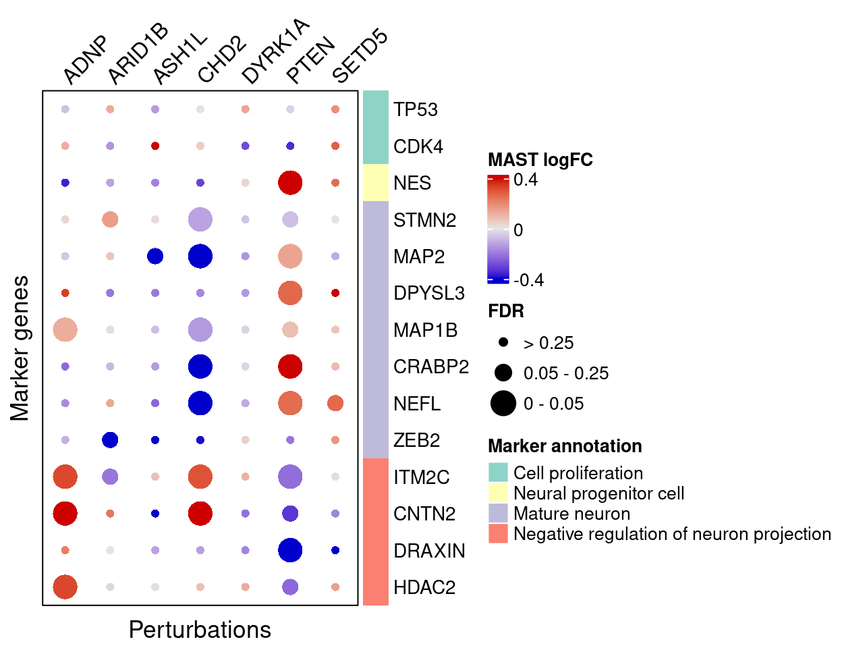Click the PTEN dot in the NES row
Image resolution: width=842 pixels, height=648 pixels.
[290, 183]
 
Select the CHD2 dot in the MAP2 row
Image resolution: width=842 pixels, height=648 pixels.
[200, 256]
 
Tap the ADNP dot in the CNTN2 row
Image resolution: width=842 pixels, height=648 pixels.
[65, 514]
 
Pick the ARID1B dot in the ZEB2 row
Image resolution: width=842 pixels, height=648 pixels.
[110, 440]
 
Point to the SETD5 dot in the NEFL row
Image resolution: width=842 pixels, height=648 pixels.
[335, 404]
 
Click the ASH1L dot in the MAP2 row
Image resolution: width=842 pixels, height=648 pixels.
[155, 256]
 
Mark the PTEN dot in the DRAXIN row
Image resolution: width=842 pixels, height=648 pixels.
[290, 550]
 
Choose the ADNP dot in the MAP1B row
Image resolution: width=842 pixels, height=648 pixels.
[65, 330]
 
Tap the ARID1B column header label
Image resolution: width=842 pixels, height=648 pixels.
[138, 54]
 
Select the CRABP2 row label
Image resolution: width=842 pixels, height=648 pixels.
[431, 367]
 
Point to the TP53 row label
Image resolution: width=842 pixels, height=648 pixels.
[416, 109]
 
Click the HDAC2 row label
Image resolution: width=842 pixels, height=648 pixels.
[424, 587]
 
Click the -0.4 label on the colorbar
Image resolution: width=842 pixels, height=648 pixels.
[528, 280]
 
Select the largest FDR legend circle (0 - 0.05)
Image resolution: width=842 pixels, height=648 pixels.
[503, 404]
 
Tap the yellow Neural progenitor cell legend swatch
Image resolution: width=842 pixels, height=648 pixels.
[498, 493]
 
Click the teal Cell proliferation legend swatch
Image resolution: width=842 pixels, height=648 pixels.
[498, 473]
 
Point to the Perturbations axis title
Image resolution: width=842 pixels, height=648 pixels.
[200, 630]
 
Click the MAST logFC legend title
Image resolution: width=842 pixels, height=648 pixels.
[540, 160]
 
